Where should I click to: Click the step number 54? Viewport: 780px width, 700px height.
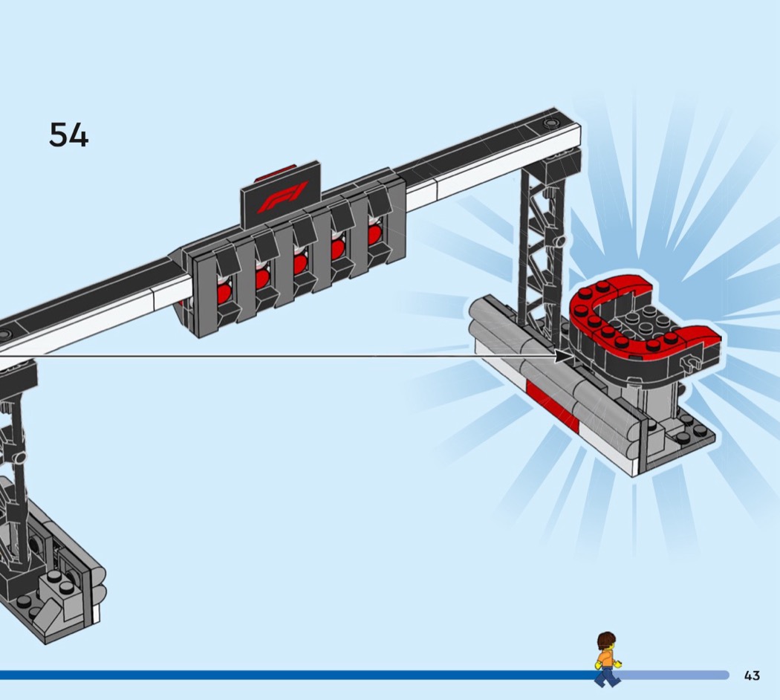pos(68,135)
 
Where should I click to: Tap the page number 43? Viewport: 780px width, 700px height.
pos(752,675)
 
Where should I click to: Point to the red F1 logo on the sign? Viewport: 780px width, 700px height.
pos(282,197)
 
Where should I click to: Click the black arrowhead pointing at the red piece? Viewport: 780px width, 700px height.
pos(564,356)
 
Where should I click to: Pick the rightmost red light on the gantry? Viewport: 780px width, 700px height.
pos(374,233)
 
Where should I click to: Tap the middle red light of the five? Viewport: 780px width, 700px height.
pos(299,263)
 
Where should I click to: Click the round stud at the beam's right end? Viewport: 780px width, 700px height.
pos(550,123)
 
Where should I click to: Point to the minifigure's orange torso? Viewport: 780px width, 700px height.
pos(605,658)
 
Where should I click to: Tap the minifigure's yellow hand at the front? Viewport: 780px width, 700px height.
pos(618,663)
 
